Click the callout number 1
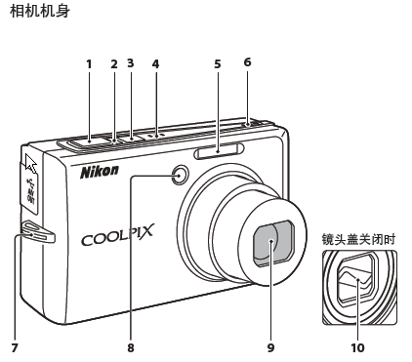point(89,64)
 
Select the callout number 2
point(114,64)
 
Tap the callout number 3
point(131,63)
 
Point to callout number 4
point(155,64)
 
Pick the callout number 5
point(218,64)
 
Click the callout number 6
point(247,61)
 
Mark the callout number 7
point(15,347)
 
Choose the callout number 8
point(131,347)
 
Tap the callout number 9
point(270,347)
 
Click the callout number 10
point(357,347)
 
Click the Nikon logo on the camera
point(100,172)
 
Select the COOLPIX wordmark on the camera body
point(117,235)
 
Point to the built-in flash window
point(219,151)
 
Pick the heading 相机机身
point(40,12)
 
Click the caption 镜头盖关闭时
point(358,239)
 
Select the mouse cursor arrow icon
point(30,164)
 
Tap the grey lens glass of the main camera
point(274,242)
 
